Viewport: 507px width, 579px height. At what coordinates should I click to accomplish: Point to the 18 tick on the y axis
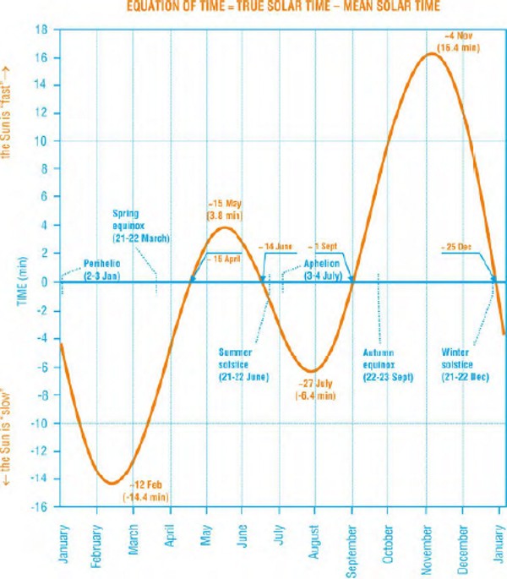pyautogui.click(x=41, y=30)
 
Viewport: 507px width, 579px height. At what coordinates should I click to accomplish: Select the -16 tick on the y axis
pyautogui.click(x=39, y=507)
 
